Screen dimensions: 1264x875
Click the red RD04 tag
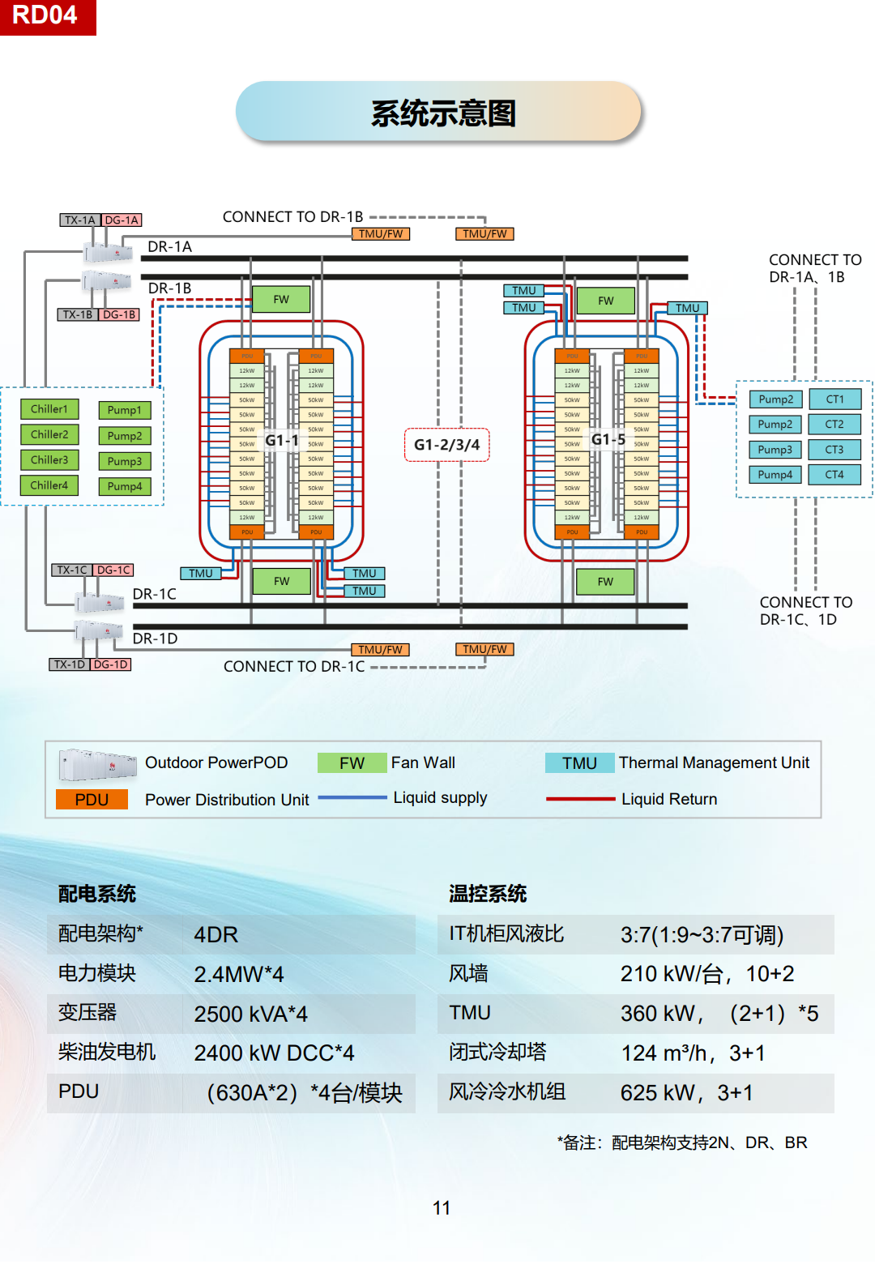(47, 16)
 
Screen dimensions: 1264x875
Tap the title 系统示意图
(442, 113)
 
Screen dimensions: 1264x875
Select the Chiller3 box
(49, 460)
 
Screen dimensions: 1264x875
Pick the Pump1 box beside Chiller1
(124, 410)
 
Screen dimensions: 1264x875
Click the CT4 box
(834, 475)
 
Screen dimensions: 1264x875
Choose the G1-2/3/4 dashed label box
(446, 445)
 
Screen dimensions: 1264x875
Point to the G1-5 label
(608, 439)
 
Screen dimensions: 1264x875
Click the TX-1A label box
(80, 220)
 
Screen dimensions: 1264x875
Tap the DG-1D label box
(111, 664)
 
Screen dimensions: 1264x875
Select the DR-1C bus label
(154, 594)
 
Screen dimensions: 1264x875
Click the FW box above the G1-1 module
(281, 300)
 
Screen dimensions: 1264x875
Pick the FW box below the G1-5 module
(605, 582)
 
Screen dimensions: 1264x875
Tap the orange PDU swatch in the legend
(92, 800)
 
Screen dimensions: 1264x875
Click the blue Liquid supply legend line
(352, 798)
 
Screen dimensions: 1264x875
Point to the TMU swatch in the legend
(579, 763)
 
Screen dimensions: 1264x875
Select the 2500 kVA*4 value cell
(251, 1014)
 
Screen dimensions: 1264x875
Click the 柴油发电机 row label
(107, 1053)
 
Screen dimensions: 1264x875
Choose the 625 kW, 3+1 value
(686, 1093)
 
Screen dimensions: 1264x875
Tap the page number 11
(442, 1208)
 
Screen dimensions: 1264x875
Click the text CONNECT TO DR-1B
(292, 217)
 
